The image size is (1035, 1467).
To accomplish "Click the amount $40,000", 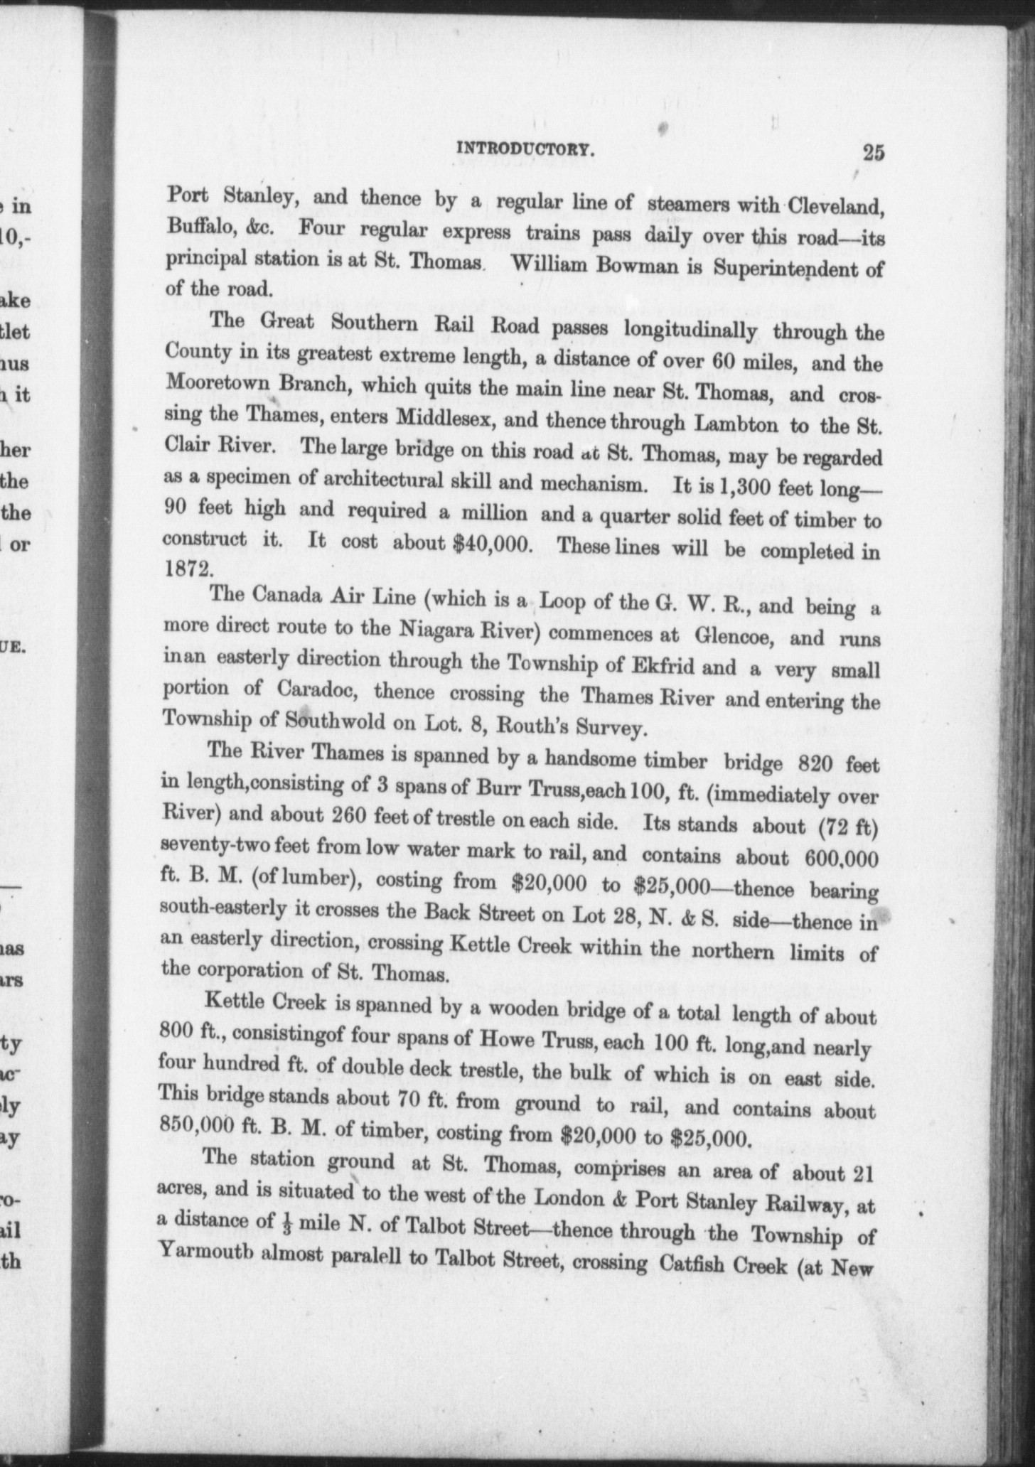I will [x=493, y=544].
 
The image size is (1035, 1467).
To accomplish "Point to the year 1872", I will [x=188, y=569].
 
